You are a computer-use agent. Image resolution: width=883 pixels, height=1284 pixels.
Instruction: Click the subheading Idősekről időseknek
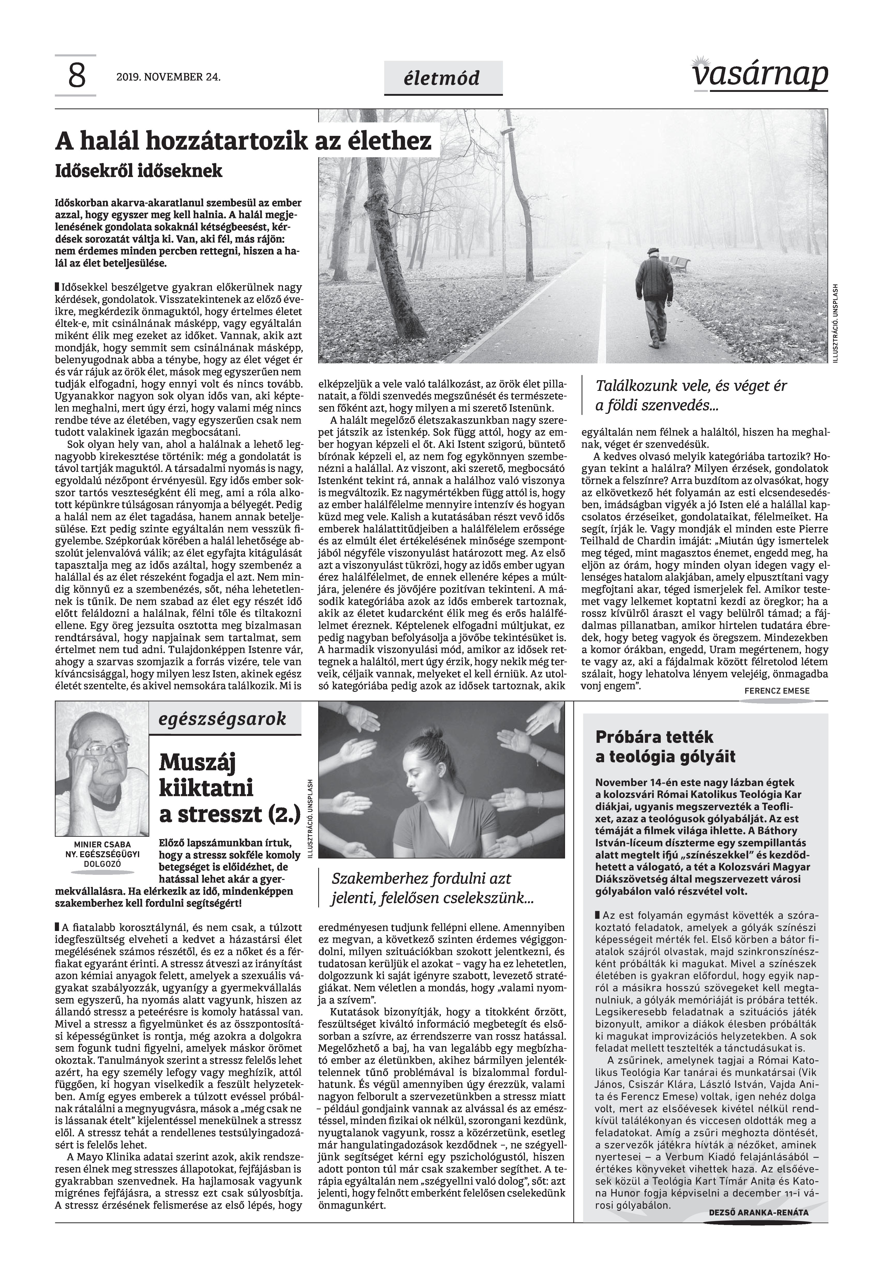[x=138, y=171]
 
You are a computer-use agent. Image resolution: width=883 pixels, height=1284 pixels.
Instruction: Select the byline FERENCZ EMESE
[x=776, y=691]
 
